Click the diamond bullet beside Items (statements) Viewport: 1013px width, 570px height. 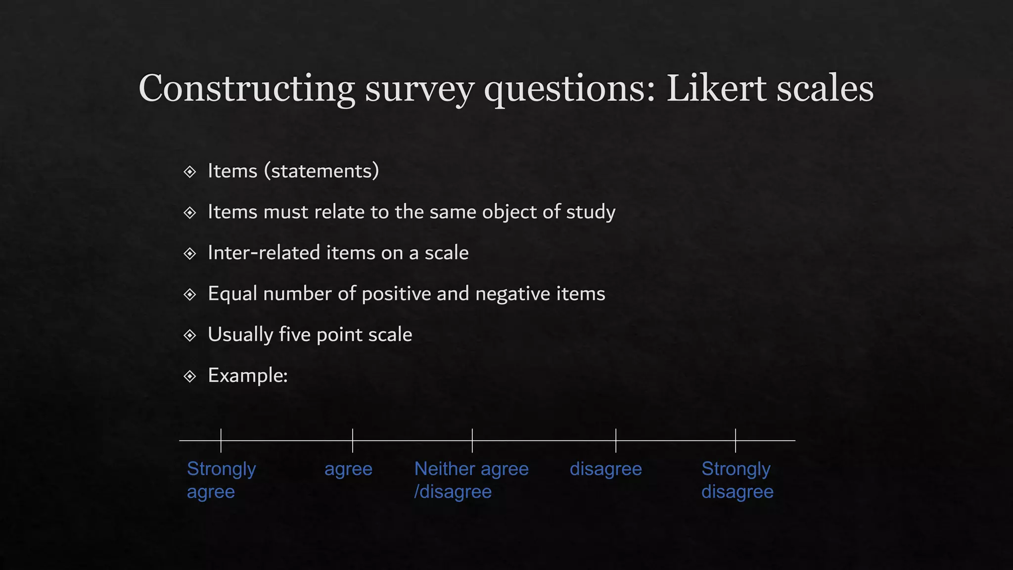(x=190, y=172)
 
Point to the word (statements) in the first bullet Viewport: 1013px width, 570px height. (x=322, y=171)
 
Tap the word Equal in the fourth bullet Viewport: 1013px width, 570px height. (x=232, y=293)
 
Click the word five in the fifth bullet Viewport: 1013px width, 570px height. (x=295, y=334)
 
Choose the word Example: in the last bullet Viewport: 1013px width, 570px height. (x=248, y=375)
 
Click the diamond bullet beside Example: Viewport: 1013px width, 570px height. (x=190, y=377)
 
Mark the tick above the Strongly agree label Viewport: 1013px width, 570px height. (x=221, y=440)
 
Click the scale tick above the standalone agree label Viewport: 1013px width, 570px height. (x=353, y=440)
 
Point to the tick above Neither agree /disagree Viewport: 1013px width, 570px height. (x=472, y=440)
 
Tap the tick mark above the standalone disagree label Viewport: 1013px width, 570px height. (x=616, y=440)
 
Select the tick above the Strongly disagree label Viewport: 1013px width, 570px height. (x=736, y=440)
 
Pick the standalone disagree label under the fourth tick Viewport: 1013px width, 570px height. (x=605, y=469)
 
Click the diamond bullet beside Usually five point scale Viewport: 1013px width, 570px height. (x=190, y=335)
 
